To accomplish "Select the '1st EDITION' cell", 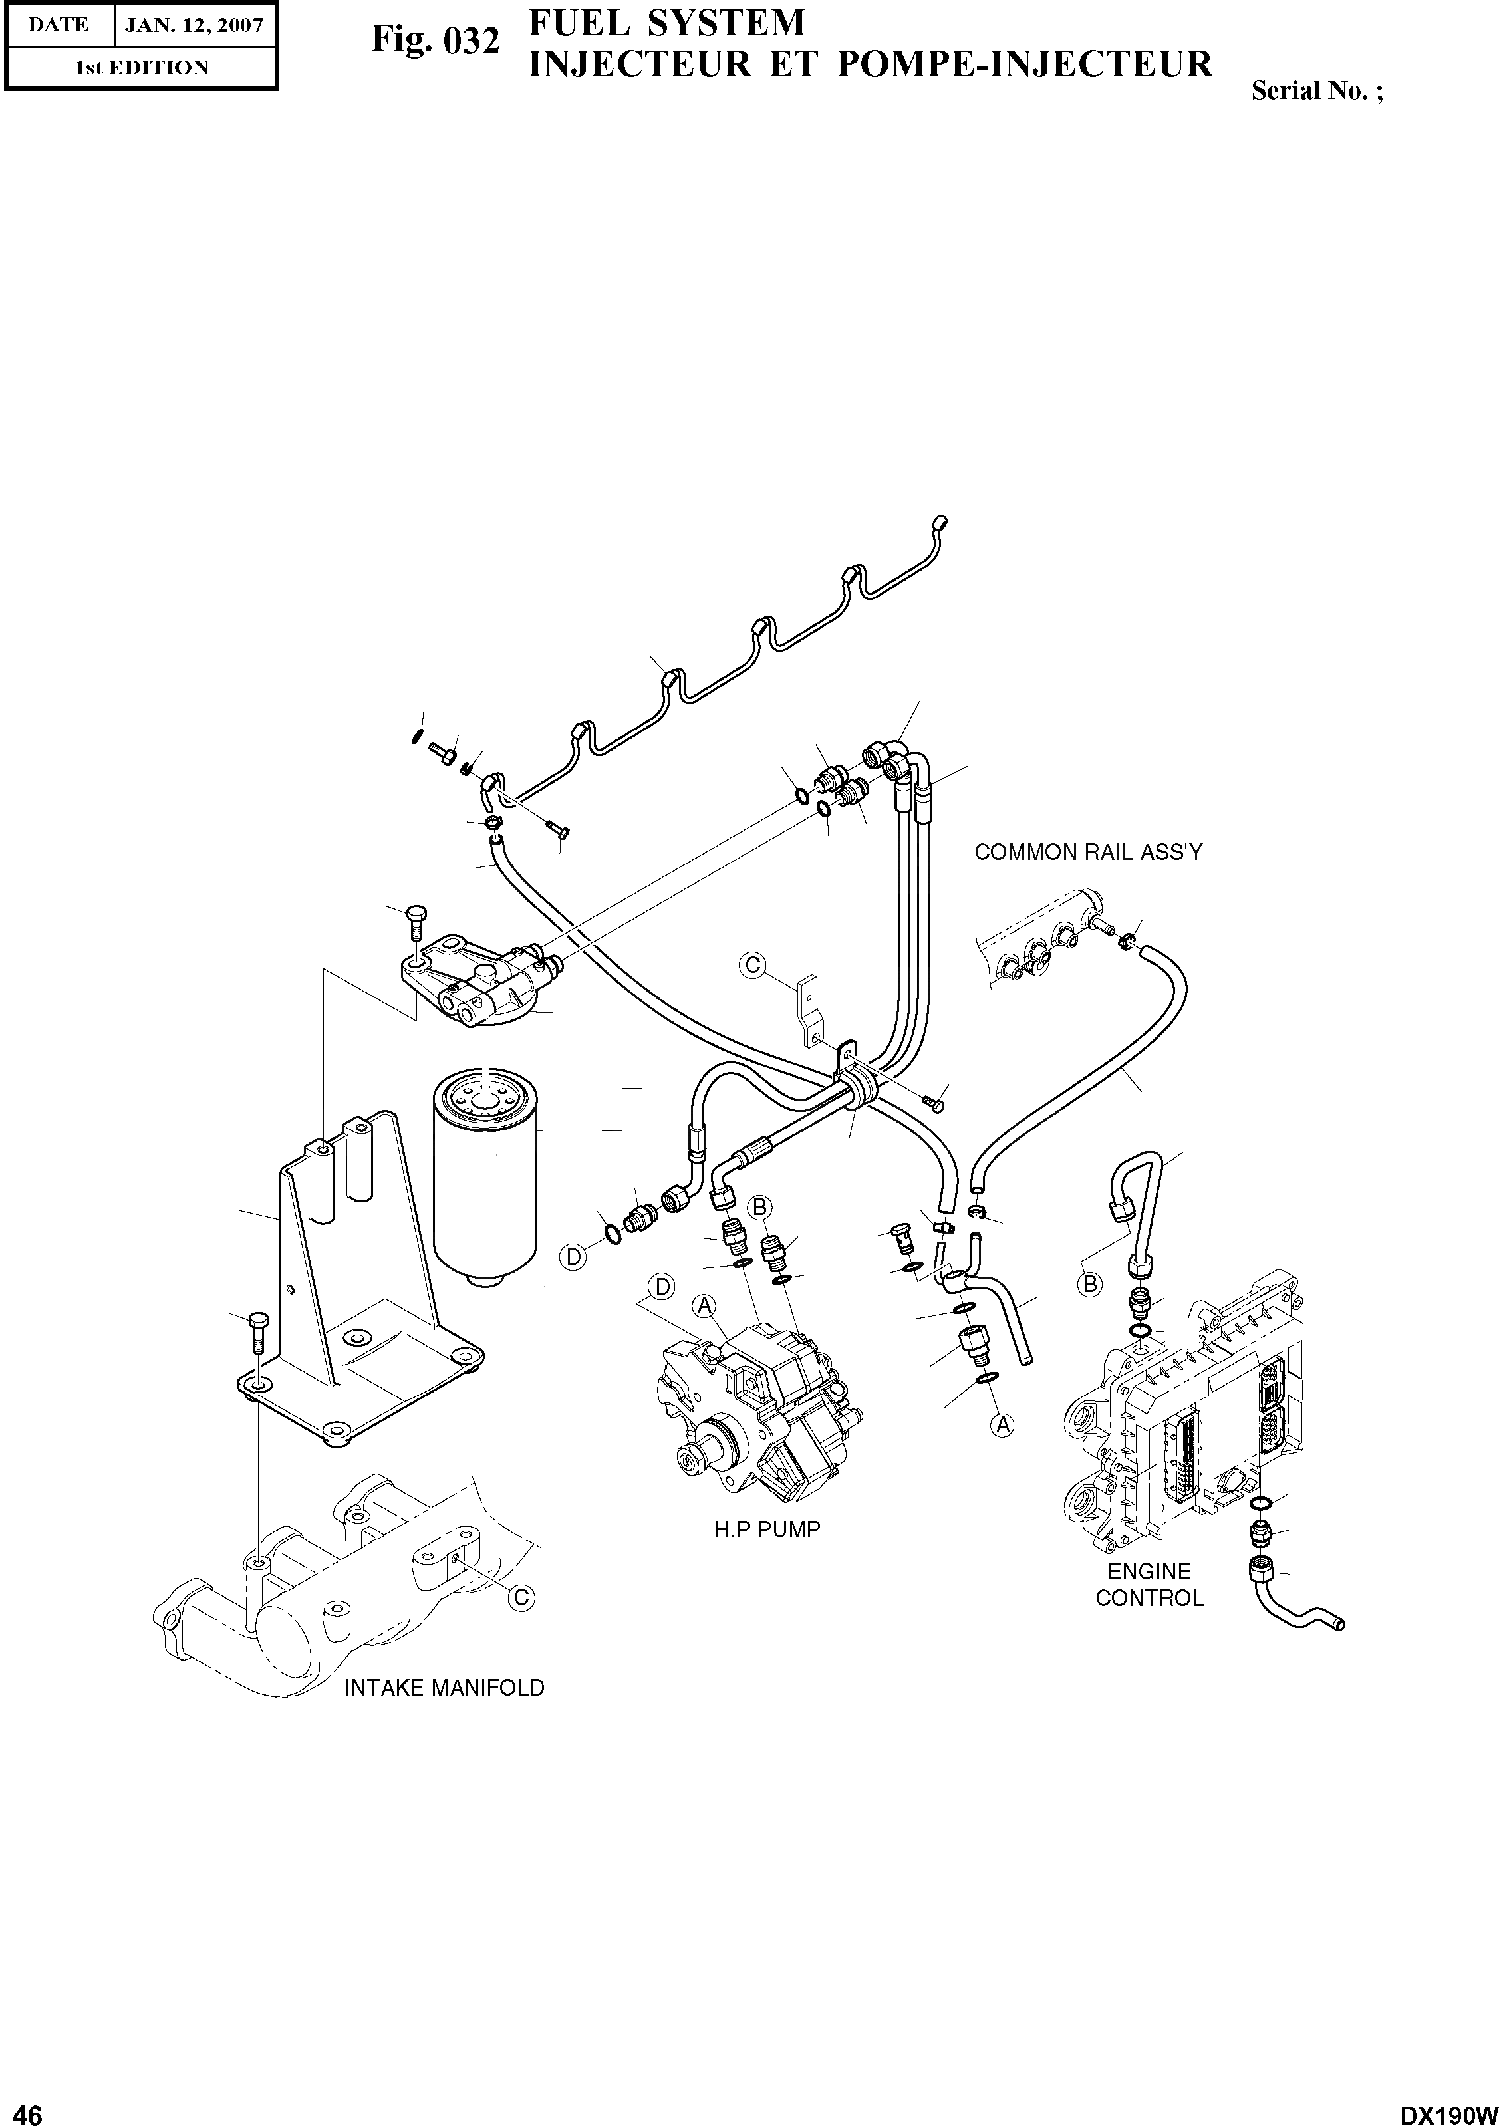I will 141,68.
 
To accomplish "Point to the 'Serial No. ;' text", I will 1317,92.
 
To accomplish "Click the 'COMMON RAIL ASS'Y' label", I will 1088,853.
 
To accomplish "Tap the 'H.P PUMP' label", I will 767,1529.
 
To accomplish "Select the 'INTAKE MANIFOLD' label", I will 444,1688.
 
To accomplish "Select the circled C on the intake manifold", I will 521,1597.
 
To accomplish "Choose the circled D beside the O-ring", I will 574,1257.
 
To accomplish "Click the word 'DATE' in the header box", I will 59,24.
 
